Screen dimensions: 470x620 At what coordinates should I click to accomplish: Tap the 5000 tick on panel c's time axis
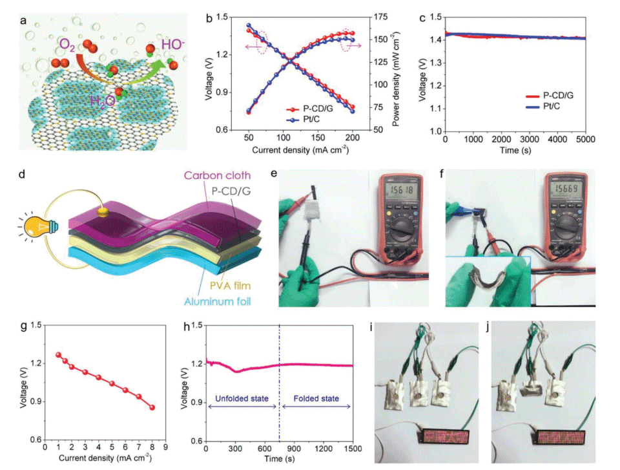(586, 140)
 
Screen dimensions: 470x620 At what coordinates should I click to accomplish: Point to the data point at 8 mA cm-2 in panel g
(152, 407)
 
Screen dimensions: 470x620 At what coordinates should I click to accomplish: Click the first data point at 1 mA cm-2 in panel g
(58, 355)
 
